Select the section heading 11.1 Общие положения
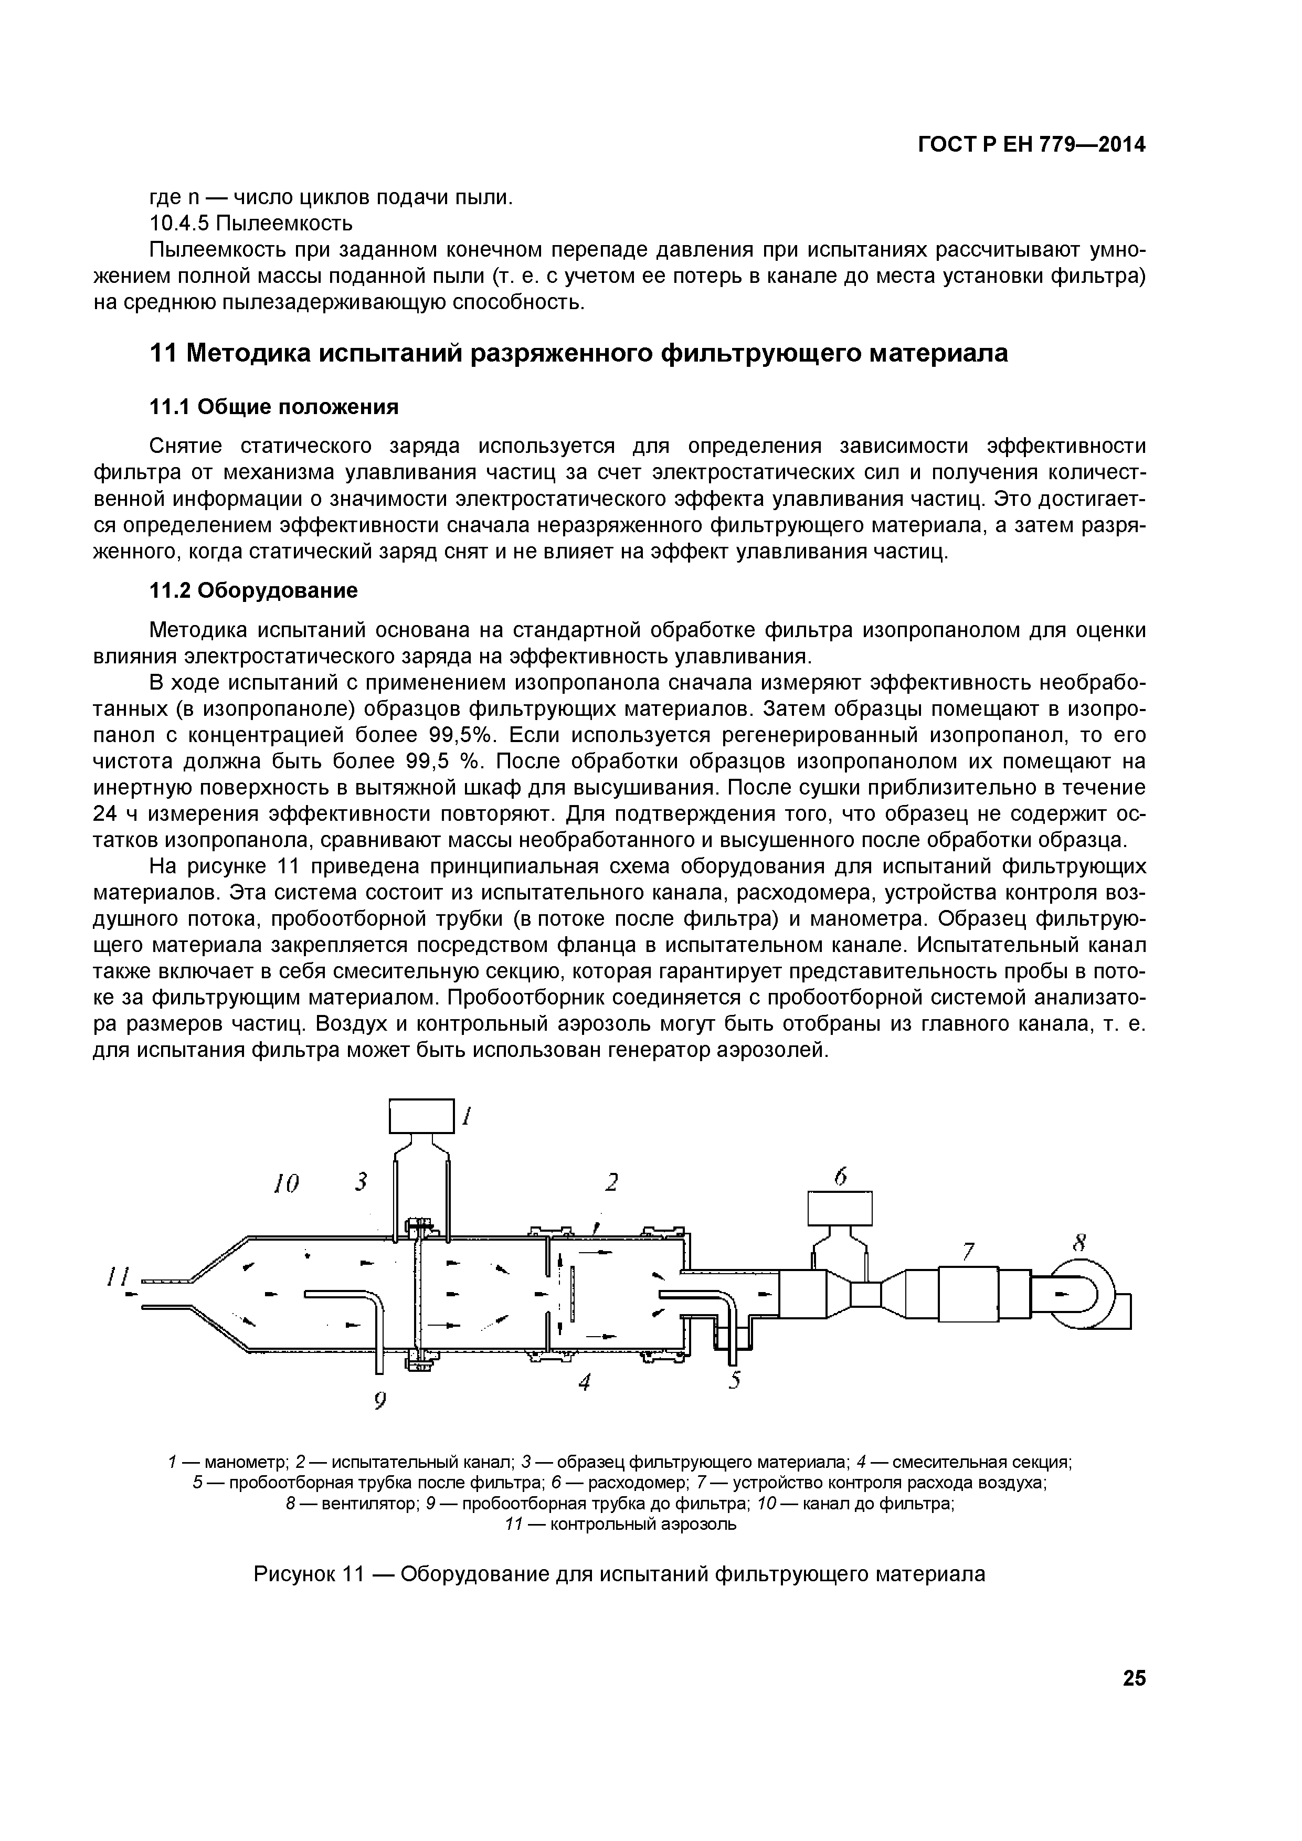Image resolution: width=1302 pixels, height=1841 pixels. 274,407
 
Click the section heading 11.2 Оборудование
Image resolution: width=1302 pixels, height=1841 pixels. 254,591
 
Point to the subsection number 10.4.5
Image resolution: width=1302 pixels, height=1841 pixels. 181,222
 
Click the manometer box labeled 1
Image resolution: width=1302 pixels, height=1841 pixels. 422,1116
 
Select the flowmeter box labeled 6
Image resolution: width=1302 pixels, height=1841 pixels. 840,1209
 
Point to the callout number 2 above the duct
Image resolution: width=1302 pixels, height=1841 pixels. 612,1182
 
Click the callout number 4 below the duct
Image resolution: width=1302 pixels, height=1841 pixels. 585,1382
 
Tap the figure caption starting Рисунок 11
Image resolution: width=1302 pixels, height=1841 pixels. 619,1574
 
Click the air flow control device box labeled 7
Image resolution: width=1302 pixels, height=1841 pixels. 968,1293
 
